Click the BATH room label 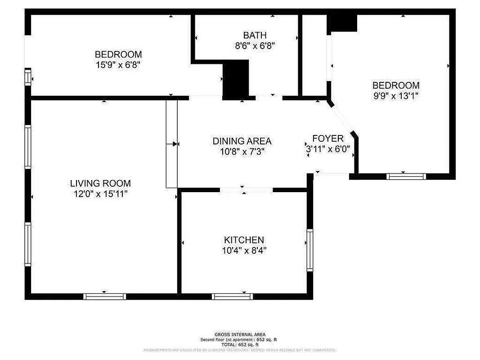(255, 35)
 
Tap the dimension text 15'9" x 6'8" (118, 65)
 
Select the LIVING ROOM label (100, 183)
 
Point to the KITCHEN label (244, 240)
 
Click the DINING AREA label (242, 141)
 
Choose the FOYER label (328, 139)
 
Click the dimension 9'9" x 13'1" (396, 96)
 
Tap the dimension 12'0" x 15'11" (100, 194)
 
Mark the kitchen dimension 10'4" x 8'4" (244, 251)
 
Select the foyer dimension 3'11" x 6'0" (328, 149)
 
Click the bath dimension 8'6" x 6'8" (255, 45)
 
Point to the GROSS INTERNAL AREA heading (240, 334)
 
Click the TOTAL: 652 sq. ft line (240, 344)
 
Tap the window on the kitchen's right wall (310, 250)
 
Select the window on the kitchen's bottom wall (232, 297)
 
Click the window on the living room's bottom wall (104, 297)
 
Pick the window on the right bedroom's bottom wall (406, 176)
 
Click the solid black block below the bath (236, 79)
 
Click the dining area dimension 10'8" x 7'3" (242, 152)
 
